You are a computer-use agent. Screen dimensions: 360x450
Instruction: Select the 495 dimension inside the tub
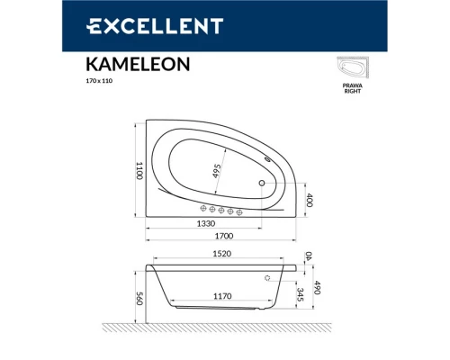(x=217, y=168)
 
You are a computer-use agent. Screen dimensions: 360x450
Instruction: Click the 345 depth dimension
(x=300, y=293)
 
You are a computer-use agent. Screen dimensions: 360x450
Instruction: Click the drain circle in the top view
(x=262, y=184)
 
